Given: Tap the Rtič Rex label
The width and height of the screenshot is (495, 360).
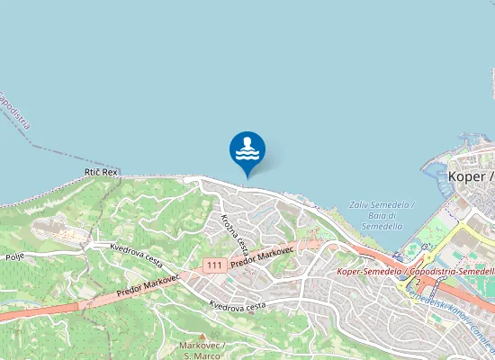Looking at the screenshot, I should coord(101,172).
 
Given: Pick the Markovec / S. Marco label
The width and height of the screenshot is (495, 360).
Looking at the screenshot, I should coord(202,350).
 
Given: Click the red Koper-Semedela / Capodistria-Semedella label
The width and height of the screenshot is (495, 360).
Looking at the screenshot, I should coord(415,271).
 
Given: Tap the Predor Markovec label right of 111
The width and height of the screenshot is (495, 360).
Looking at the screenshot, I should coord(263,256).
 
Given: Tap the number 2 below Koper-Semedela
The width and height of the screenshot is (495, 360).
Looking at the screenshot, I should coord(418,282).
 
